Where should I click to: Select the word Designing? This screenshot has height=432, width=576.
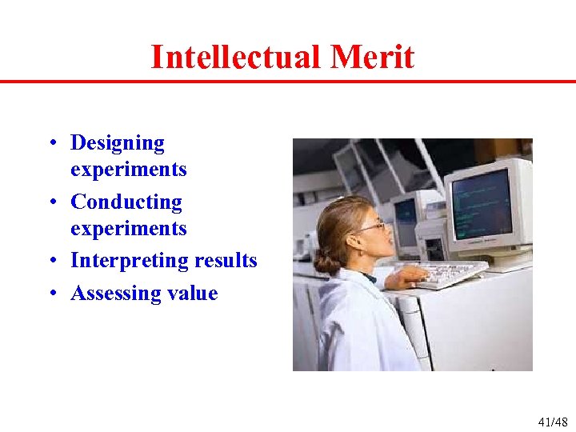118,143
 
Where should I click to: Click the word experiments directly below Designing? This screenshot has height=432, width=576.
128,170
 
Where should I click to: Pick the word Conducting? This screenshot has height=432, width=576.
126,202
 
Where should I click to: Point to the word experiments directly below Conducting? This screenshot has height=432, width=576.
128,229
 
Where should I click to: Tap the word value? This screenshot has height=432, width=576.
192,293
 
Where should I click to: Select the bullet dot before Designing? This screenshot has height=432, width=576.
50,144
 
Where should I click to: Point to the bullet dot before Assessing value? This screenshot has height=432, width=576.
50,294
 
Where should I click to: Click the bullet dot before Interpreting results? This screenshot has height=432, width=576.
50,262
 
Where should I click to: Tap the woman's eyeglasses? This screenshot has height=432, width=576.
370,227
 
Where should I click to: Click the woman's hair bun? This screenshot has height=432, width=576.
325,262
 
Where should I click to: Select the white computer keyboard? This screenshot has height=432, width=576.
452,273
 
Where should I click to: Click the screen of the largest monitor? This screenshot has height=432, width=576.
482,202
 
